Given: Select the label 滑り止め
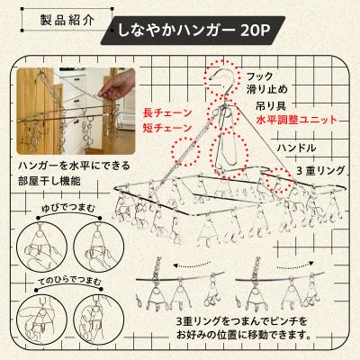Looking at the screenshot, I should click(x=267, y=92).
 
